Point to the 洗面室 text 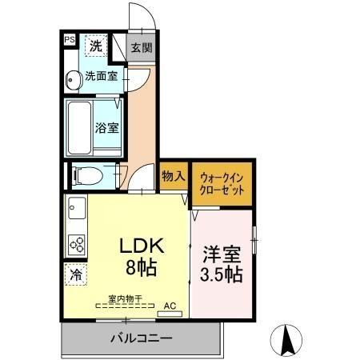click(x=102, y=78)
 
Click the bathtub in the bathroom click(x=79, y=126)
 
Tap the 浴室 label click(x=107, y=126)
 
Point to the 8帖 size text click(x=140, y=267)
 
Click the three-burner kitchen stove click(x=76, y=242)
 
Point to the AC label click(x=170, y=305)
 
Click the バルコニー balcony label click(x=141, y=338)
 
